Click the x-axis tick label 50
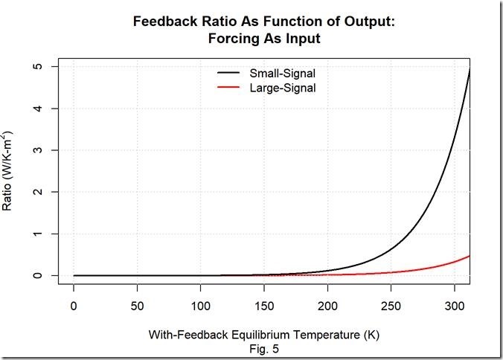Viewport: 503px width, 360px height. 137,306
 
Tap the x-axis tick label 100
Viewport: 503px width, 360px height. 200,306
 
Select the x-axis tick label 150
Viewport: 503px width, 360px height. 264,306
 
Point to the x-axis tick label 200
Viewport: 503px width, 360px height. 327,306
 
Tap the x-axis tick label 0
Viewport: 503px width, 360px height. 73,306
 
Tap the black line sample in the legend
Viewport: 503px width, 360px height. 228,74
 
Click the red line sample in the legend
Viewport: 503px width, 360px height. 228,89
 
